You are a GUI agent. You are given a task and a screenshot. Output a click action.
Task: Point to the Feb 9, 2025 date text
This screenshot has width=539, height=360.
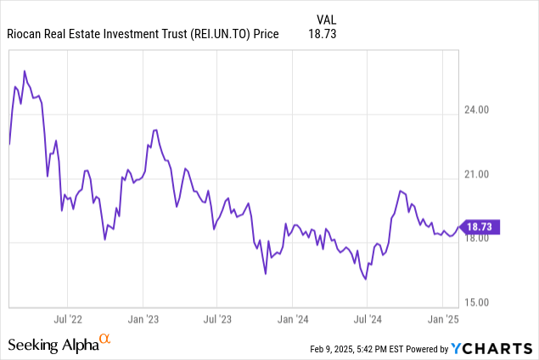click(x=340, y=348)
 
